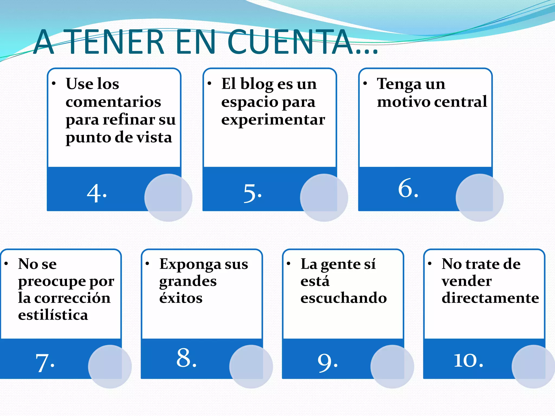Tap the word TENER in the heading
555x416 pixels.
pyautogui.click(x=115, y=42)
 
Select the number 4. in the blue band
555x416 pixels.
pyautogui.click(x=97, y=193)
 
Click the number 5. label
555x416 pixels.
pyautogui.click(x=252, y=193)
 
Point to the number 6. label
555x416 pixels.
pyautogui.click(x=408, y=188)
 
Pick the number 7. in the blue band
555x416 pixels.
pyautogui.click(x=45, y=363)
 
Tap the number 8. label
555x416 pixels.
pyautogui.click(x=186, y=358)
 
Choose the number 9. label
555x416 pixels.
pyautogui.click(x=328, y=363)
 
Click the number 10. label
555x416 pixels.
pyautogui.click(x=469, y=360)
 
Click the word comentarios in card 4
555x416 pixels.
pyautogui.click(x=113, y=102)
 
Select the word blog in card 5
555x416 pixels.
pyautogui.click(x=257, y=84)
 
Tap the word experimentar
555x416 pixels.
pyautogui.click(x=273, y=120)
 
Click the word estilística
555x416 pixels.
pyautogui.click(x=53, y=315)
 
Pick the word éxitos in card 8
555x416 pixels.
pyautogui.click(x=181, y=298)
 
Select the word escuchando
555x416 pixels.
pyautogui.click(x=344, y=298)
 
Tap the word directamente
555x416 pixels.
pyautogui.click(x=490, y=298)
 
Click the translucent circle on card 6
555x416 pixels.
pyautogui.click(x=479, y=198)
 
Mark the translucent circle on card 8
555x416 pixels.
pyautogui.click(x=251, y=366)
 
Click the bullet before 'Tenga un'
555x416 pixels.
pyautogui.click(x=365, y=83)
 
